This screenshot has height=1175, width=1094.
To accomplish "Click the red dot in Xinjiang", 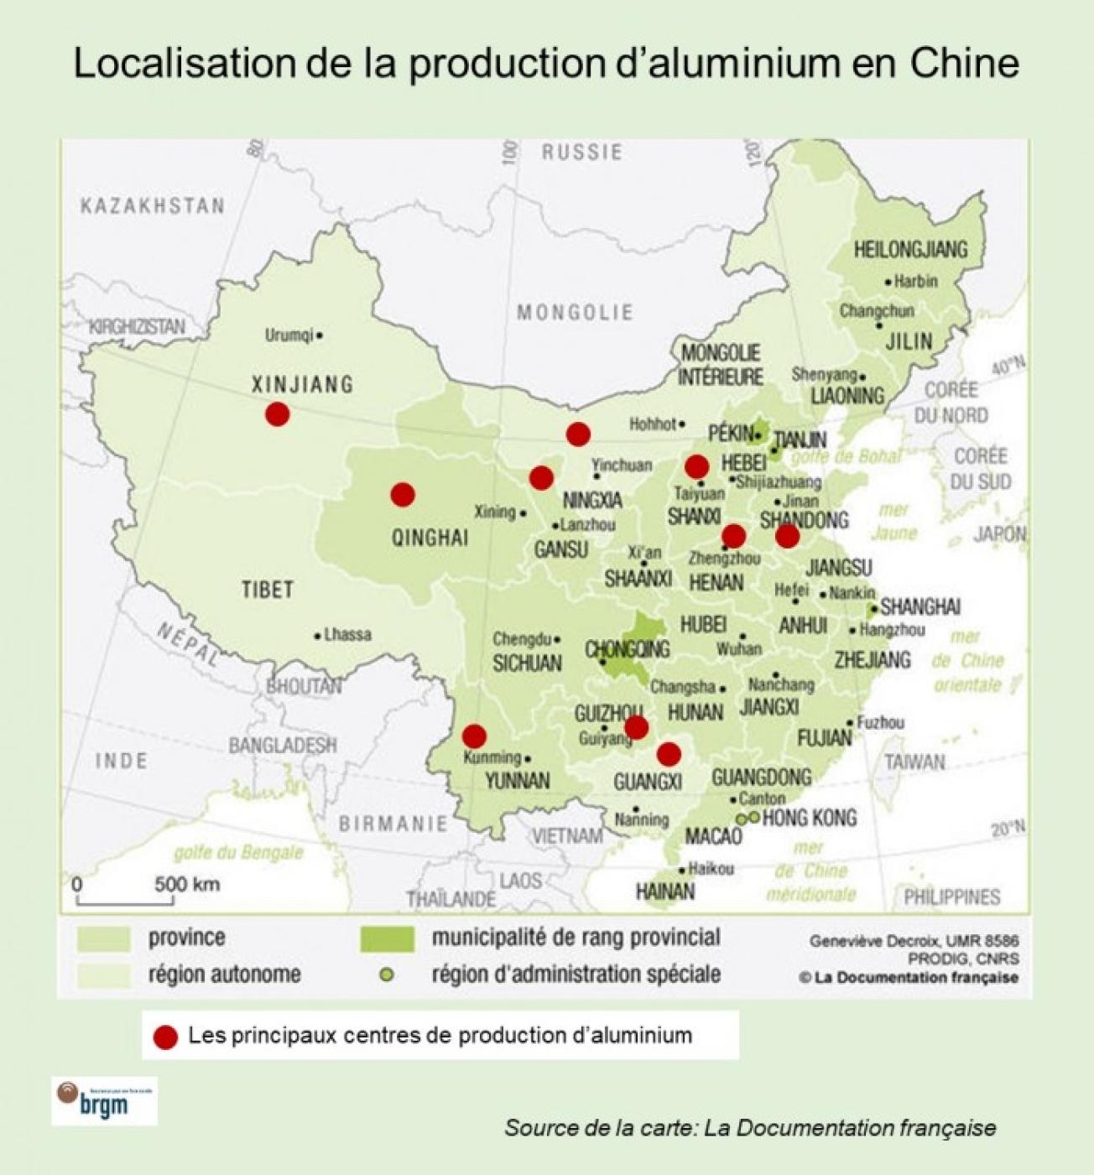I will [277, 413].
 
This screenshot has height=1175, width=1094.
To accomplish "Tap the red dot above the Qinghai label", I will [403, 495].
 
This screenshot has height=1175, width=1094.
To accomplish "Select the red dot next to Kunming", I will [474, 736].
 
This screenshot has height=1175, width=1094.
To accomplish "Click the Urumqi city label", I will [289, 335].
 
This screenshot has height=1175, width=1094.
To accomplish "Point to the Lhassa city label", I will [346, 635].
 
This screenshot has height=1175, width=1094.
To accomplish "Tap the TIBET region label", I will [268, 590].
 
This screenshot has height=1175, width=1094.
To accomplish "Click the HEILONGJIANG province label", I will [910, 249].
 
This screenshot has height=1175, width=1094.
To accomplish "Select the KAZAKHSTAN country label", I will [153, 205].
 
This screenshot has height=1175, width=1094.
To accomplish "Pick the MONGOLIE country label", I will [575, 313].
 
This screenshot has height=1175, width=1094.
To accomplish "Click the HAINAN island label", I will [665, 891].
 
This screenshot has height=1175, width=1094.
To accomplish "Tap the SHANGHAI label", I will [920, 606].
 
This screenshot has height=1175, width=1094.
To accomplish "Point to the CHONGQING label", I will [627, 649].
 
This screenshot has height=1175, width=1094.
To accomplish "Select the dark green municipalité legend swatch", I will [387, 938].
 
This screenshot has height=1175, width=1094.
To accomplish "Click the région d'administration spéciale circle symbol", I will [386, 975].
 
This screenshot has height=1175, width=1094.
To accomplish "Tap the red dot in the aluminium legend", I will [166, 1037].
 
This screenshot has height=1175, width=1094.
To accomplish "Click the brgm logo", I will [104, 1101].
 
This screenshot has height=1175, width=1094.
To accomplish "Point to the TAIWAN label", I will [914, 762].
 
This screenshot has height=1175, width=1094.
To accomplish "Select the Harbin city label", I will [915, 282].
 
